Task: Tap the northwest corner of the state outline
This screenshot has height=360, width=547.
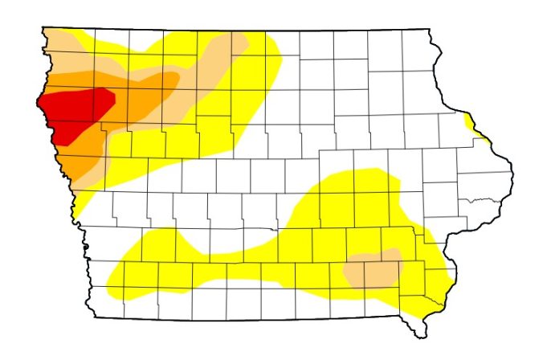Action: [x=43, y=29]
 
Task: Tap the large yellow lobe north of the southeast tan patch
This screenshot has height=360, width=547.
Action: [x=353, y=201]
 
